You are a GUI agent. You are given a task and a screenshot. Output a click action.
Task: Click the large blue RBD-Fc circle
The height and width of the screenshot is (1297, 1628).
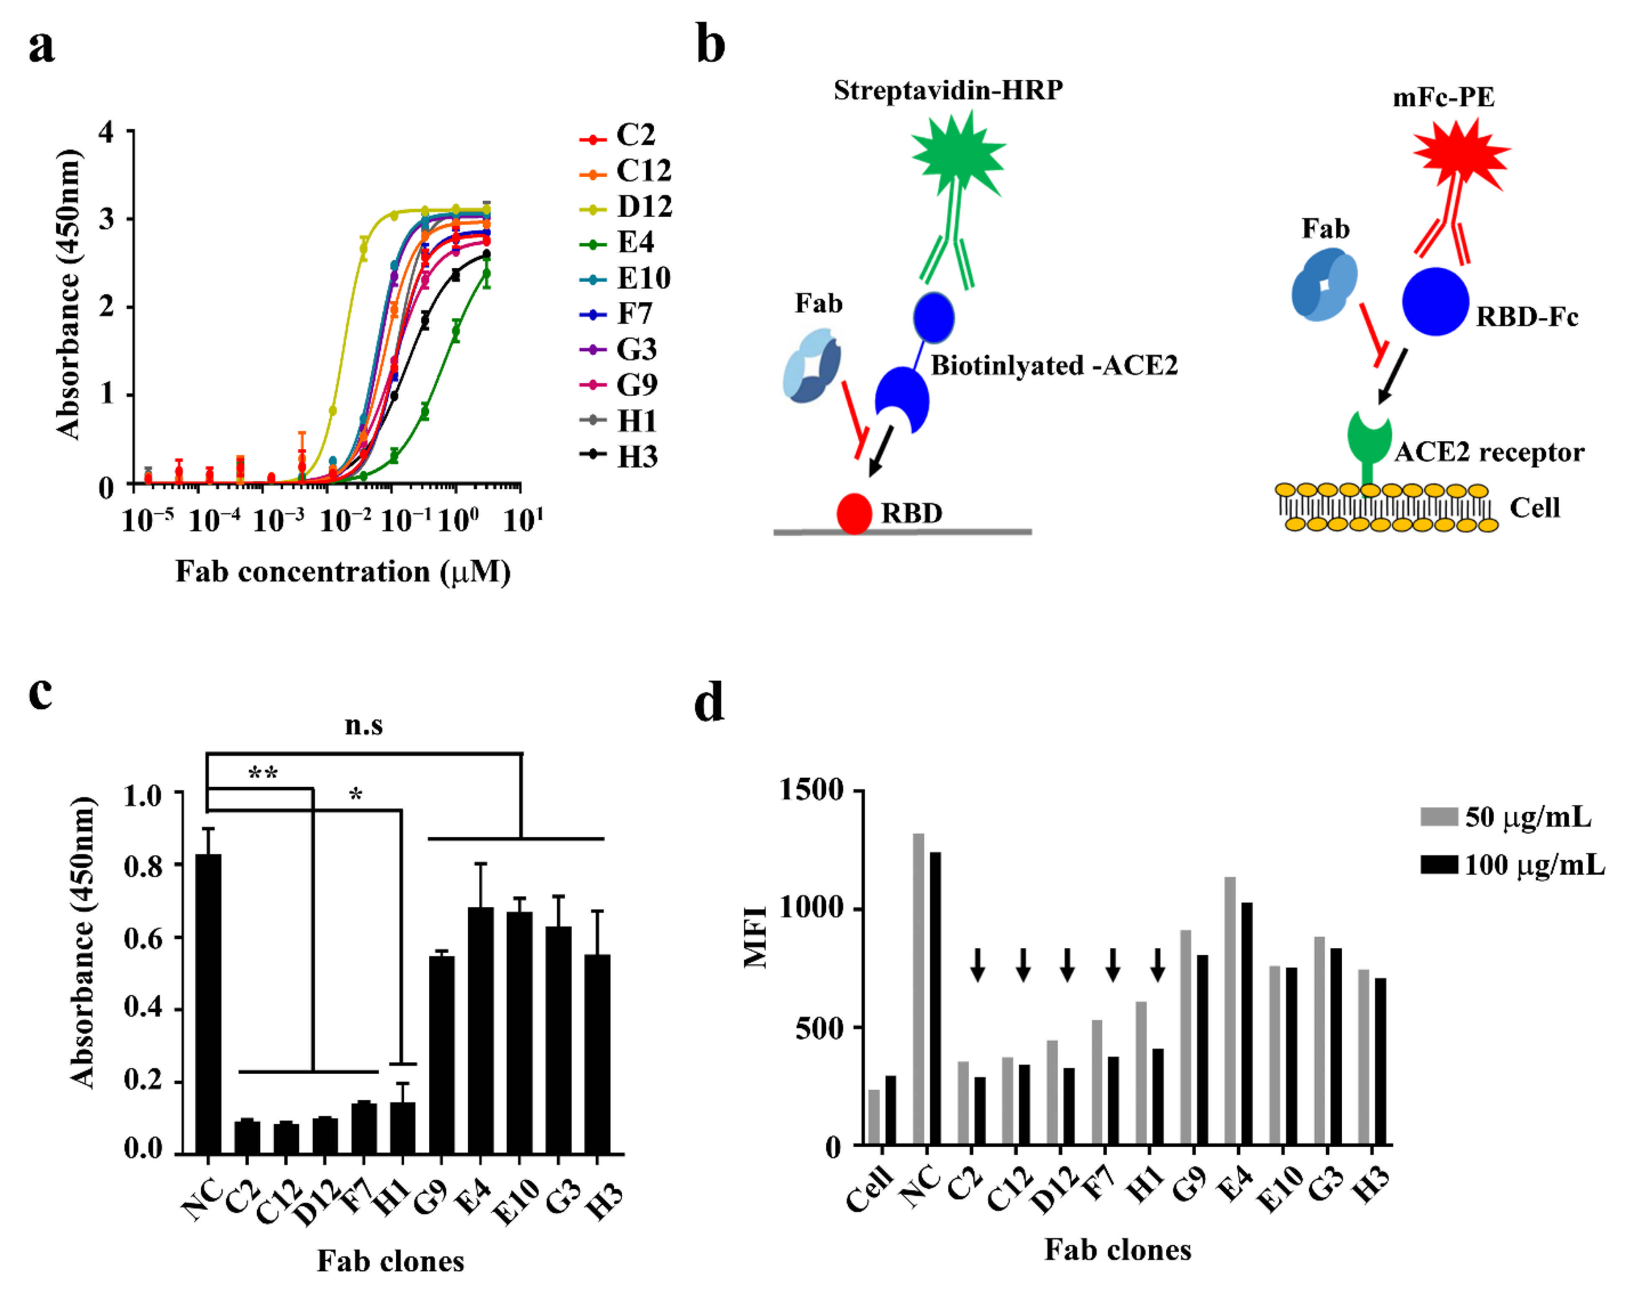(x=1435, y=301)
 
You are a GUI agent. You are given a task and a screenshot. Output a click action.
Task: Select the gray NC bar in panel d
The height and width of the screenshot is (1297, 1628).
(x=918, y=989)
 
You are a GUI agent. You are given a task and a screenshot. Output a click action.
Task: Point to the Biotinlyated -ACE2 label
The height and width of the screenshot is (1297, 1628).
(x=1053, y=366)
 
